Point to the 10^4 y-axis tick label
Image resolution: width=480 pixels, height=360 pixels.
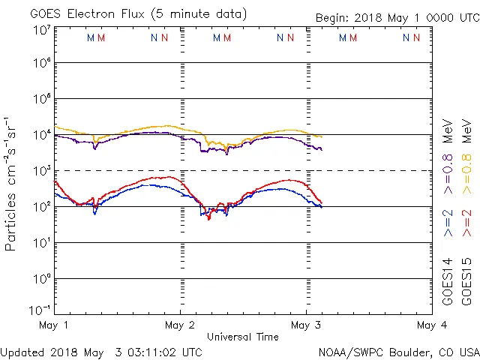[x=41, y=135]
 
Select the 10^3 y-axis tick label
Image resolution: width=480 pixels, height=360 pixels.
[x=41, y=171]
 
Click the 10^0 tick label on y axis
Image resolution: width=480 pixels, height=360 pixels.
[x=41, y=279]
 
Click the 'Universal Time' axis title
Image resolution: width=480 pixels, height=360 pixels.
[x=242, y=337]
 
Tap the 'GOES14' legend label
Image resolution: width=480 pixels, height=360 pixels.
[x=448, y=281]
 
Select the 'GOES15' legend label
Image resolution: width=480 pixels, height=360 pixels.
[x=469, y=281]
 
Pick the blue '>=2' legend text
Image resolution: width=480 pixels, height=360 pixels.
[x=448, y=223]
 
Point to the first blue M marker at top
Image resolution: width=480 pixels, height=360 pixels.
[x=91, y=37]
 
